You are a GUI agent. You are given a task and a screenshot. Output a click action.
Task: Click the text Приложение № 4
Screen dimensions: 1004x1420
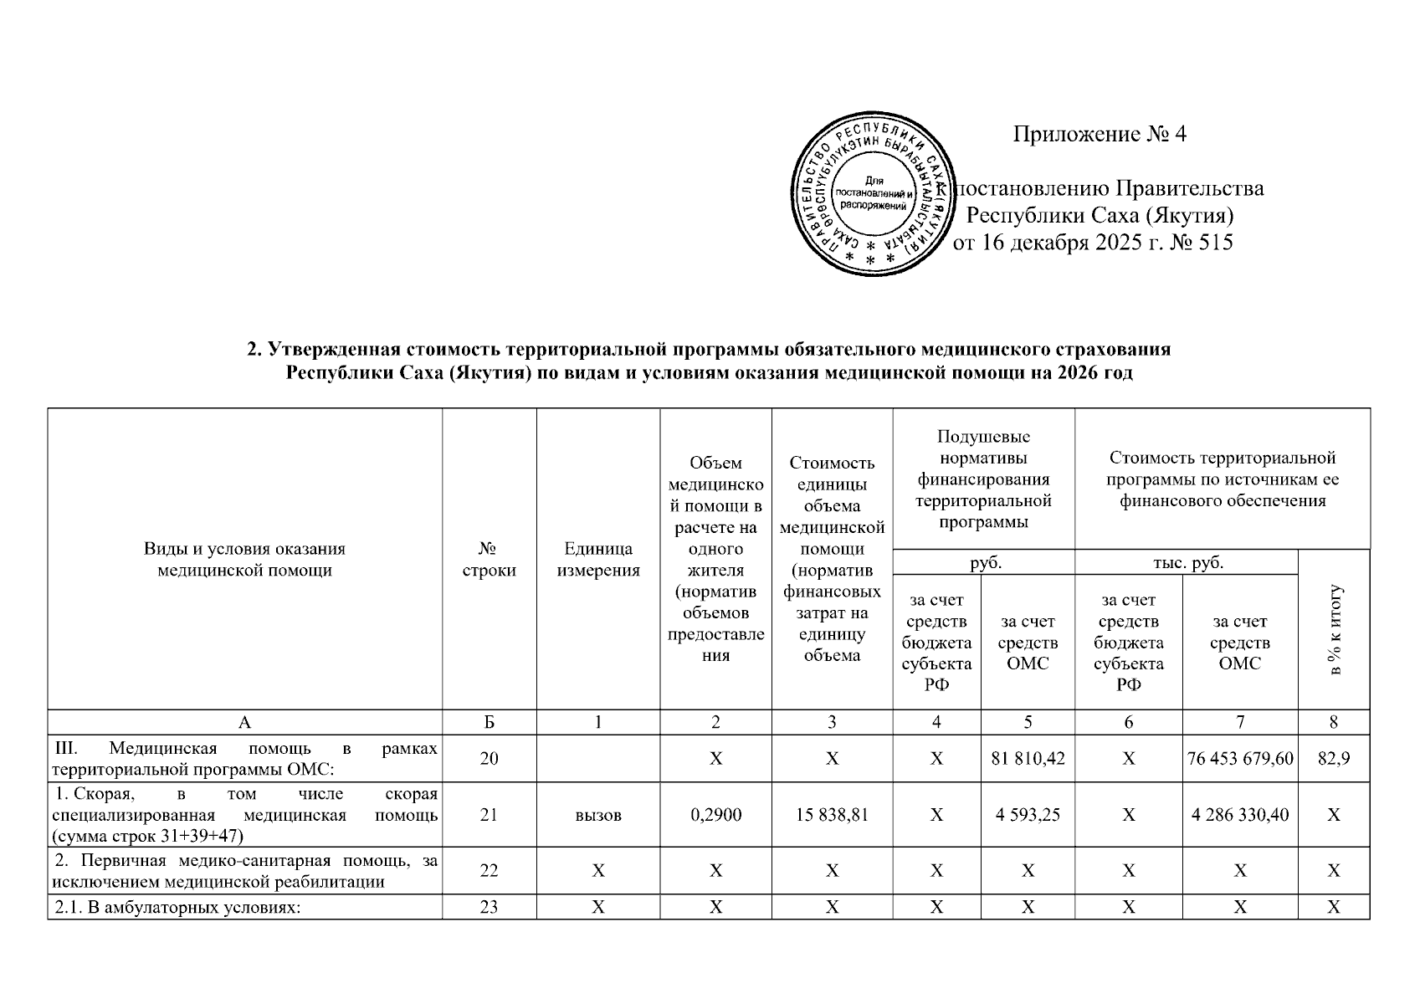(1100, 135)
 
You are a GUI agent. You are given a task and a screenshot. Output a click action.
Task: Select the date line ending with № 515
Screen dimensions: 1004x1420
(1093, 243)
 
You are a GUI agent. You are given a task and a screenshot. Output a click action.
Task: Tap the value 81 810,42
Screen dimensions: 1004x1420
(1027, 759)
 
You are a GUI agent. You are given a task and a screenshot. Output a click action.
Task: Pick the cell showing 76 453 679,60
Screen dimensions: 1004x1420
(1240, 759)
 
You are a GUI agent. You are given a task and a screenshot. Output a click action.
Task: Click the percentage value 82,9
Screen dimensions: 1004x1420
(1334, 759)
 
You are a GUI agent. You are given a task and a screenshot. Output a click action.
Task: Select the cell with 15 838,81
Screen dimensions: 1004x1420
(832, 814)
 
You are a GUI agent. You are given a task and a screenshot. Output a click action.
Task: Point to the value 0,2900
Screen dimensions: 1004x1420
(715, 814)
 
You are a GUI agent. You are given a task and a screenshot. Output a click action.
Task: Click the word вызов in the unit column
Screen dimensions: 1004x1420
(598, 814)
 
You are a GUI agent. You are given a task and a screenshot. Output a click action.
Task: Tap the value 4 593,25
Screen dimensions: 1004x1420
(1027, 814)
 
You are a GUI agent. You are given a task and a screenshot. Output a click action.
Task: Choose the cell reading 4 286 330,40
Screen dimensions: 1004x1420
(1240, 814)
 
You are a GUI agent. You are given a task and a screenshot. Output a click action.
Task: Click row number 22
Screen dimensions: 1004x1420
(489, 870)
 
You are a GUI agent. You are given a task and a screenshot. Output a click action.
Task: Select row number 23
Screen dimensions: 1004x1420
(489, 907)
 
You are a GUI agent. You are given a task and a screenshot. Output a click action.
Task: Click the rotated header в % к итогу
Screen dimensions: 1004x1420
(1335, 630)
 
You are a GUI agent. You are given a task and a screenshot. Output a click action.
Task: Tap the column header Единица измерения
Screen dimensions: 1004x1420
(598, 560)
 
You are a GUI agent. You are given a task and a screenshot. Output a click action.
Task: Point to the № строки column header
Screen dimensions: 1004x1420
(489, 560)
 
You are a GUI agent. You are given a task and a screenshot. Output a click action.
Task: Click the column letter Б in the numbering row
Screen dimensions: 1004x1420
(489, 723)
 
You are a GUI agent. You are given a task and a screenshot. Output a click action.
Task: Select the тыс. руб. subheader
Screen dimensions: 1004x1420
(1187, 562)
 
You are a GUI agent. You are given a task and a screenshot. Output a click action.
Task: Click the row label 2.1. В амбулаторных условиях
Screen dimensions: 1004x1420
(177, 907)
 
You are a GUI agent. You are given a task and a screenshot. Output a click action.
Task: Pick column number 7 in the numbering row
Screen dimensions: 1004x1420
(1240, 723)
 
